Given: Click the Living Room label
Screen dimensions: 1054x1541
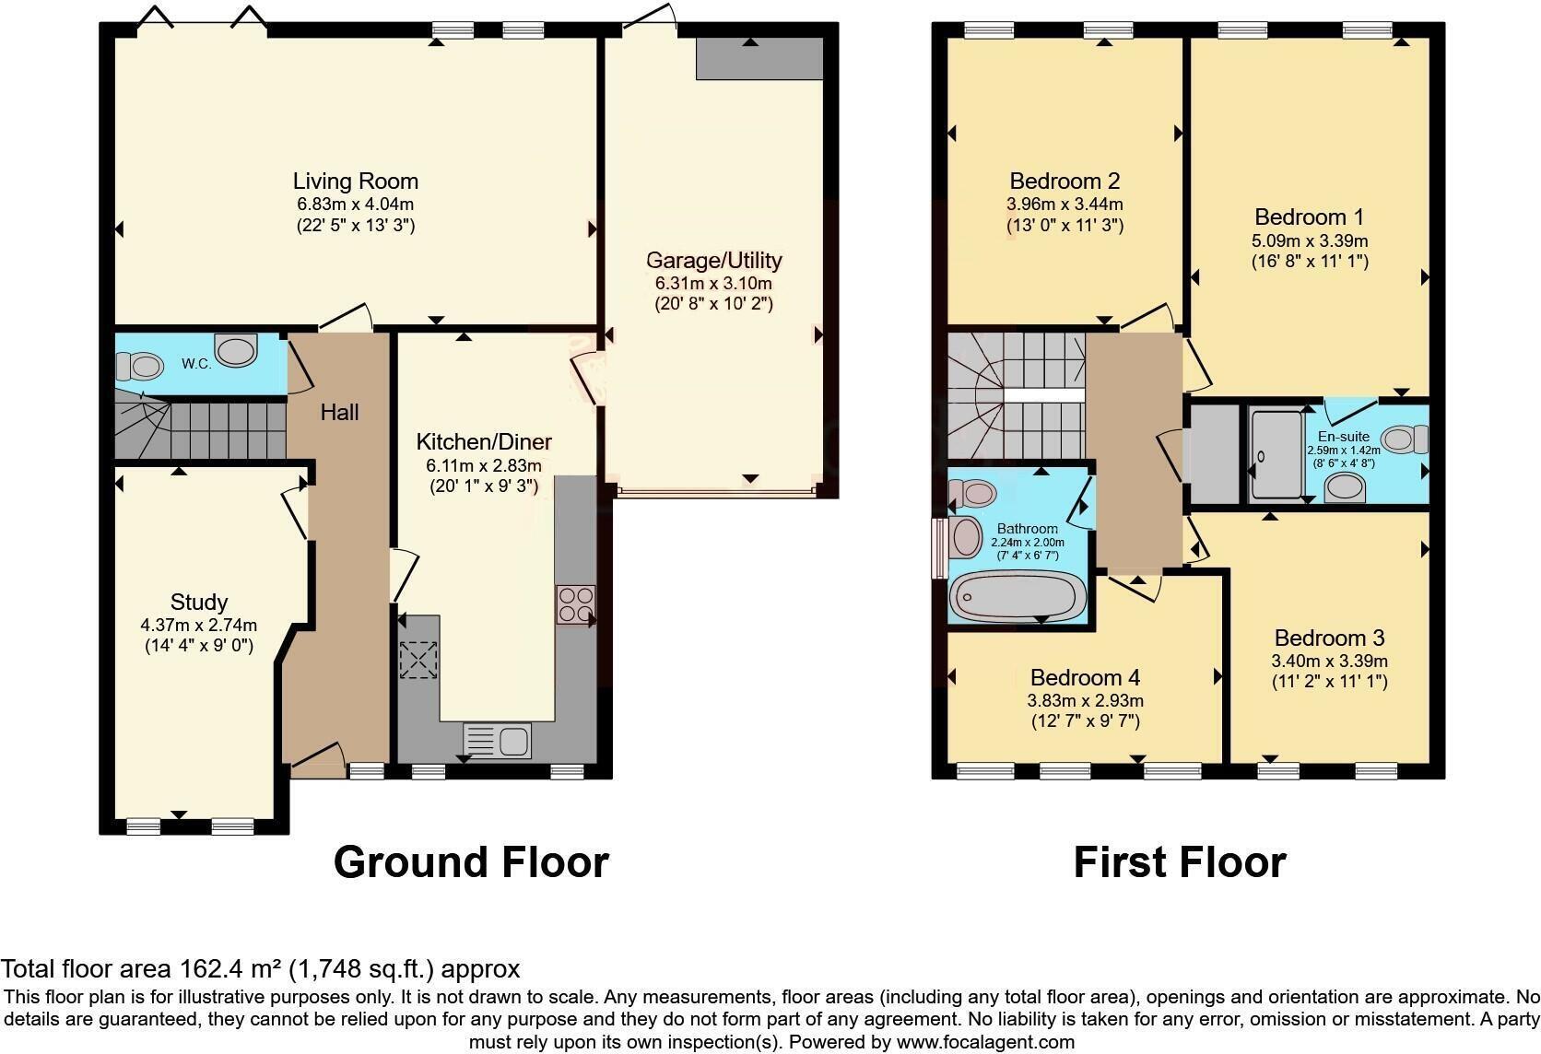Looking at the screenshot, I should pyautogui.click(x=355, y=182).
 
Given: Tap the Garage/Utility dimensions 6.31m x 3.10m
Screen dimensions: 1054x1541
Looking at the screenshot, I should pyautogui.click(x=713, y=283).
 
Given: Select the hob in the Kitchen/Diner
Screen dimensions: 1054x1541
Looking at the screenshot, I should pyautogui.click(x=575, y=605).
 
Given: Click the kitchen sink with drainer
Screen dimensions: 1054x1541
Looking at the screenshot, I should pyautogui.click(x=498, y=740).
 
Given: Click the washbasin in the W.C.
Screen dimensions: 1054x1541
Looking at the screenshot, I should pyautogui.click(x=236, y=350).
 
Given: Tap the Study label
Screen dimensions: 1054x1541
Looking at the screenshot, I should pyautogui.click(x=198, y=603).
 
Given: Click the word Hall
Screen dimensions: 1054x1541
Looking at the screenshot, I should pyautogui.click(x=339, y=413).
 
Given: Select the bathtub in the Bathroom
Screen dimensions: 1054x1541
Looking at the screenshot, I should pyautogui.click(x=1018, y=596).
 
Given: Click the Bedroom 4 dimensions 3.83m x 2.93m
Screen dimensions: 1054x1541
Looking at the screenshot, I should pyautogui.click(x=1085, y=700).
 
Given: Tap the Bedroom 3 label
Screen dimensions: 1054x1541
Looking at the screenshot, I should pyautogui.click(x=1329, y=638).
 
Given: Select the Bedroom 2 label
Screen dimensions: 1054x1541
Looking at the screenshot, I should pyautogui.click(x=1065, y=182).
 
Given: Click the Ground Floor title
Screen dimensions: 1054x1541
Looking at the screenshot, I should pyautogui.click(x=471, y=862).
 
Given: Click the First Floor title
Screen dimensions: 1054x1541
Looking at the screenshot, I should pyautogui.click(x=1179, y=862).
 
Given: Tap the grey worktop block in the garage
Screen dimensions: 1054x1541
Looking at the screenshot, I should pyautogui.click(x=759, y=60).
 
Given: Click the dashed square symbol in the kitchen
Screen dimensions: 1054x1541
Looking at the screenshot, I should pyautogui.click(x=418, y=660).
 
